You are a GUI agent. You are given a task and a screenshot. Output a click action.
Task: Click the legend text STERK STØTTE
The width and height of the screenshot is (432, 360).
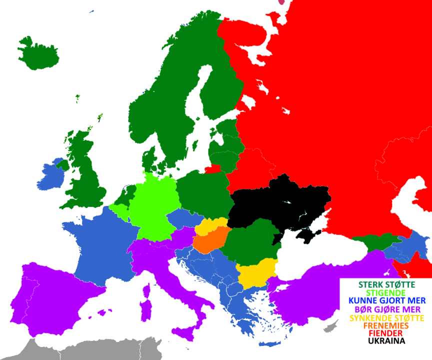(383, 284)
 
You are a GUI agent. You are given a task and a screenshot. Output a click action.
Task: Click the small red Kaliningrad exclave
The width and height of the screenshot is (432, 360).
(212, 168)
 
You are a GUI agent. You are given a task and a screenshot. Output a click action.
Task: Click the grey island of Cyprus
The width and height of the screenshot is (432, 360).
(330, 327)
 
